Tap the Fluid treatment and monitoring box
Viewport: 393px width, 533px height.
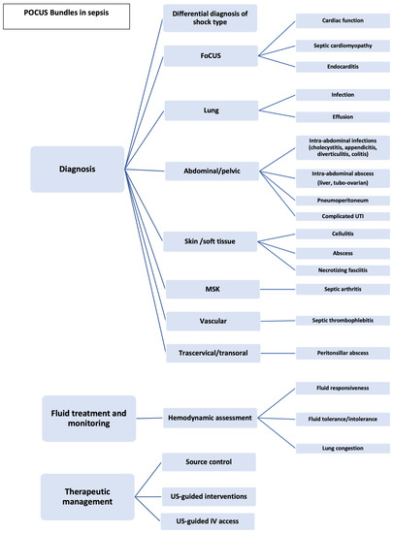(88, 418)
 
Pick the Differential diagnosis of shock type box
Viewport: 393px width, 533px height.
(210, 18)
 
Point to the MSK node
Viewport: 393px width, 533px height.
(210, 288)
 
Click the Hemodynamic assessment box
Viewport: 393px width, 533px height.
(210, 418)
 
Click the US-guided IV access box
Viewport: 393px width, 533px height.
(210, 521)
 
